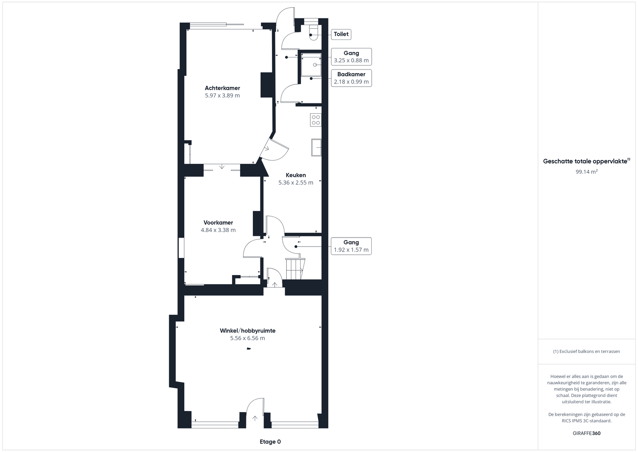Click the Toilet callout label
[x=341, y=34]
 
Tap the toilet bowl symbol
[x=313, y=33]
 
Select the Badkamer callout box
[x=351, y=78]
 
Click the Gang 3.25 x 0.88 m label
[x=351, y=57]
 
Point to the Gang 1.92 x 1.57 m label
[x=351, y=246]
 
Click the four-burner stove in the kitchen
[x=315, y=120]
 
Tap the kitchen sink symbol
[x=316, y=147]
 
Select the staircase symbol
[x=295, y=269]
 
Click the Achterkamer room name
[x=223, y=88]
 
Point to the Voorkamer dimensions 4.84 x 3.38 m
[x=218, y=230]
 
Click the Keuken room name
[x=295, y=175]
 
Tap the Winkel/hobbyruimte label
[x=248, y=331]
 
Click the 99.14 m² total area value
[x=587, y=172]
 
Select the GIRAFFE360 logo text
[x=587, y=433]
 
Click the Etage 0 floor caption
[x=270, y=442]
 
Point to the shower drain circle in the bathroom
[x=315, y=65]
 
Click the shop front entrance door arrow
[x=255, y=418]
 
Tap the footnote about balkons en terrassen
[x=587, y=351]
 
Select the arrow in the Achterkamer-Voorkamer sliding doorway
[x=222, y=167]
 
